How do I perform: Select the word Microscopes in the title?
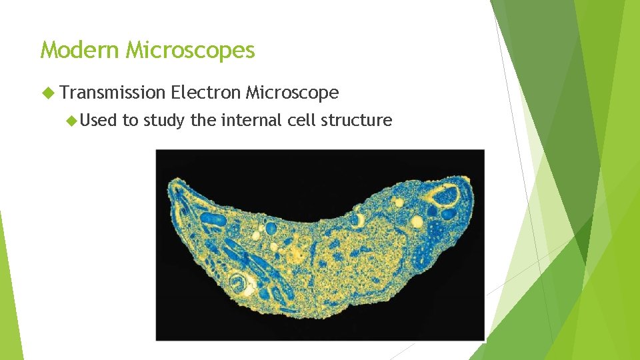click(x=191, y=50)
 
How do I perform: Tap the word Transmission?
click(x=112, y=93)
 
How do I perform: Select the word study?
click(x=165, y=121)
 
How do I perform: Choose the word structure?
click(x=359, y=121)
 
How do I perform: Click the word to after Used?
click(x=130, y=121)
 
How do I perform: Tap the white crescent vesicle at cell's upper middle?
click(x=359, y=218)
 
